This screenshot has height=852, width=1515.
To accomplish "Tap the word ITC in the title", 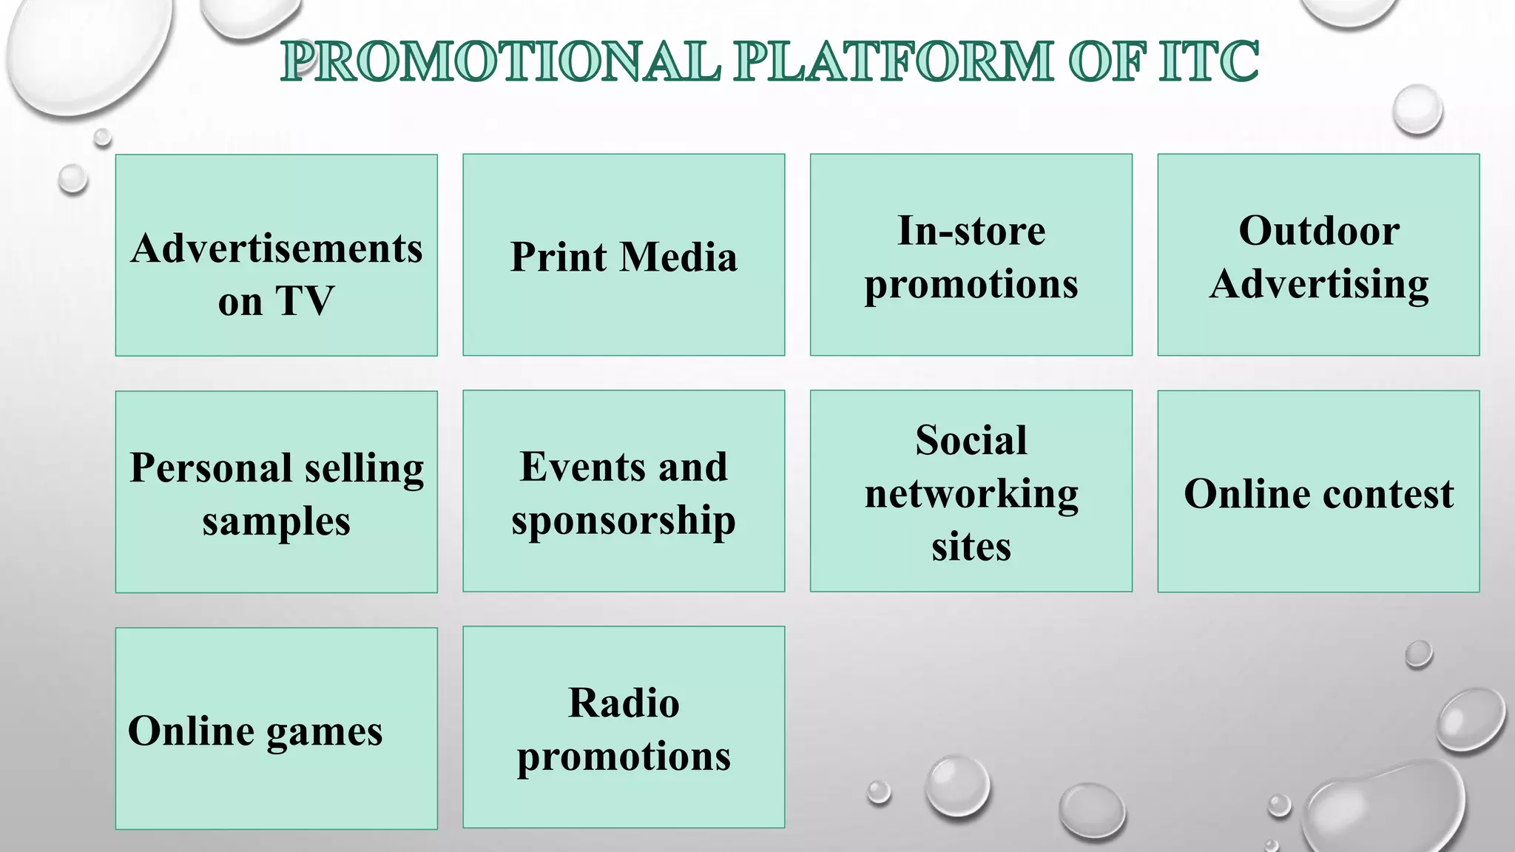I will [1209, 61].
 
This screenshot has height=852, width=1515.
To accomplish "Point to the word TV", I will [305, 301].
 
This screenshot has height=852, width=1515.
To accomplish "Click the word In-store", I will [971, 231].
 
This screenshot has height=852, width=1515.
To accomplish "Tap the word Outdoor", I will [1319, 231].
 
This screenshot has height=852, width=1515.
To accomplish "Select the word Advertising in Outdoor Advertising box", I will [1319, 285].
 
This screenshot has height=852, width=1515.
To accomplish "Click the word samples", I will [276, 522].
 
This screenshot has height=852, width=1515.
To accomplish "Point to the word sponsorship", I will [624, 521].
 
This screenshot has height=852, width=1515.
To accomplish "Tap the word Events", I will [573, 467].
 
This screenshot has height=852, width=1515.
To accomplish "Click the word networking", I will [971, 494].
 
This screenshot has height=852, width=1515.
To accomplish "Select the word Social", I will [971, 441].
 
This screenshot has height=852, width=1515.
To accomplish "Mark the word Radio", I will [624, 703].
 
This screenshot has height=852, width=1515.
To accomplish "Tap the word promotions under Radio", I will [624, 757].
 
